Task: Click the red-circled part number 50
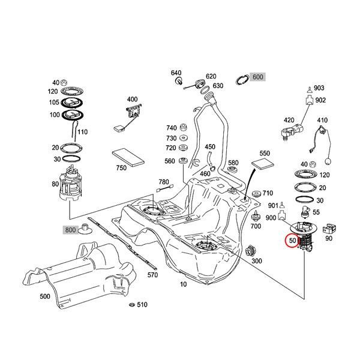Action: [293, 241]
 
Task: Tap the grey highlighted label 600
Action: [257, 77]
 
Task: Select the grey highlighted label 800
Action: [70, 229]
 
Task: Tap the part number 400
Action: [131, 99]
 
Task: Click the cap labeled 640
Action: [177, 78]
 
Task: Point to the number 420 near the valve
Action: [289, 120]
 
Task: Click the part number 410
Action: [322, 120]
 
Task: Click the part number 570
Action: [152, 275]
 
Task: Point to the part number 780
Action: [163, 182]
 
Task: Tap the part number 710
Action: [267, 193]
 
